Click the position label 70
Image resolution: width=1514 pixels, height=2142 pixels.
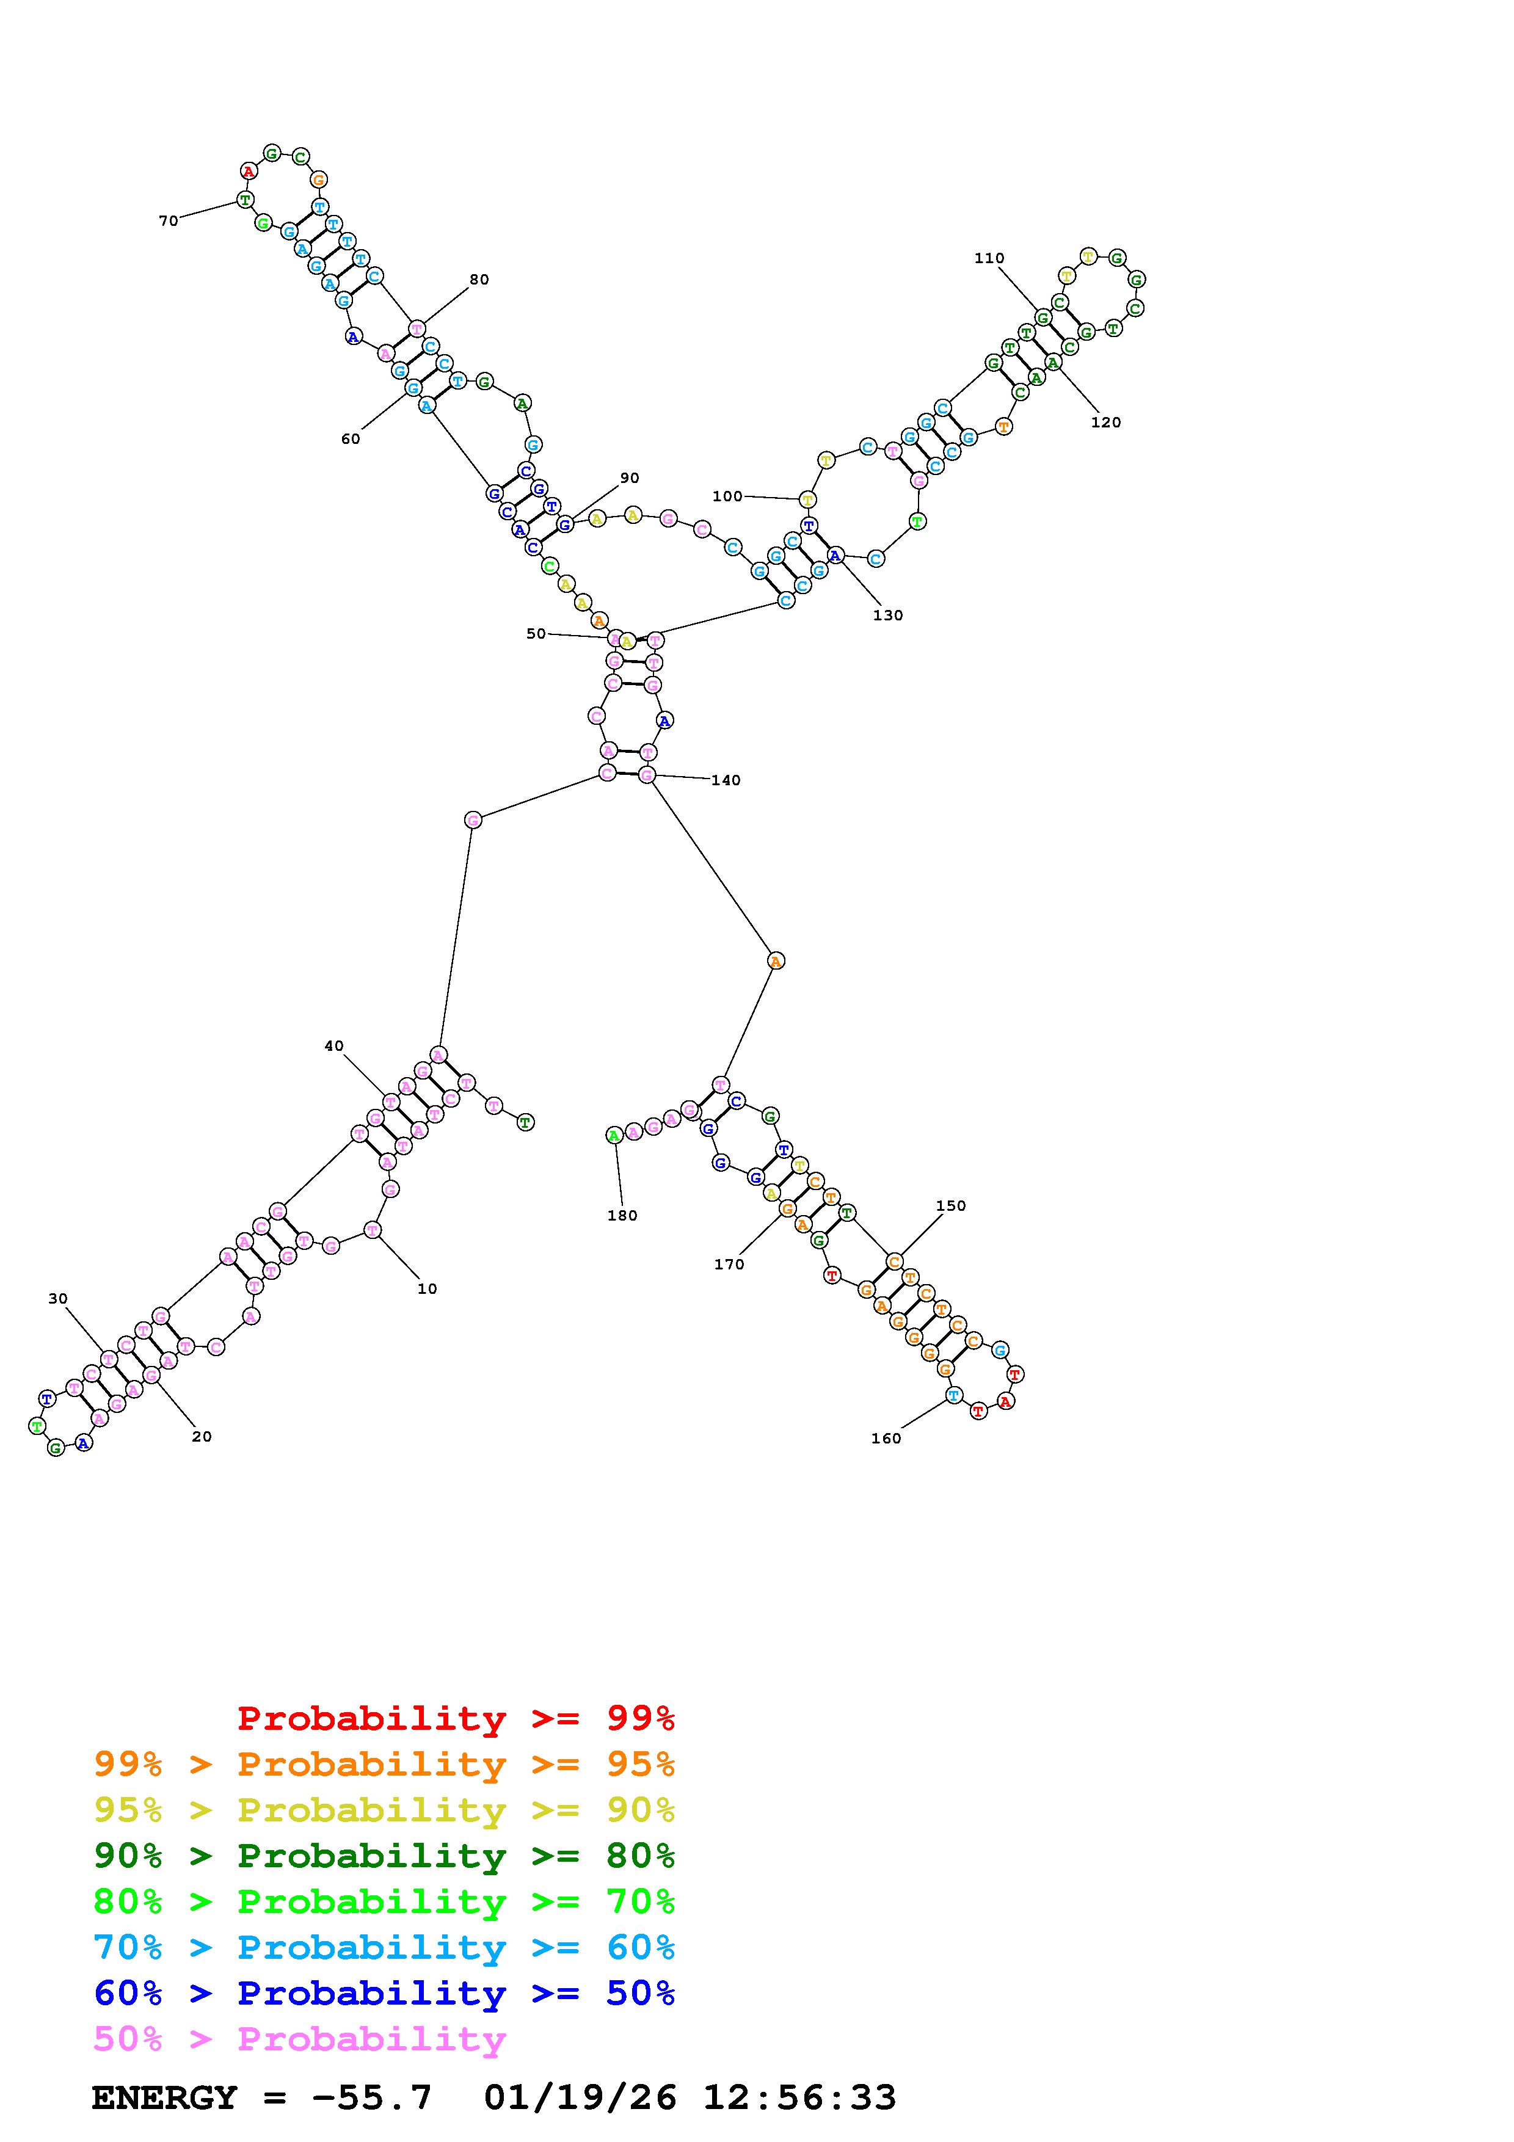(x=168, y=221)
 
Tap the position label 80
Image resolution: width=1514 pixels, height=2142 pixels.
(x=479, y=279)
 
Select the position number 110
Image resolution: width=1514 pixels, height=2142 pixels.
(x=989, y=258)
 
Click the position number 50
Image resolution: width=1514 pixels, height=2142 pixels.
(x=536, y=633)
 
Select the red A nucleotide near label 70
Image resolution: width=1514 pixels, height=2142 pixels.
(x=248, y=171)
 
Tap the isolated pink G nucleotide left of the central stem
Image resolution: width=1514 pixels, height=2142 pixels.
(x=473, y=820)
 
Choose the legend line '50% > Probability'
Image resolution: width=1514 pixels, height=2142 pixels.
(x=299, y=2038)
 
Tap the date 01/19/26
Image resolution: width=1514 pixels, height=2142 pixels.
(x=580, y=2097)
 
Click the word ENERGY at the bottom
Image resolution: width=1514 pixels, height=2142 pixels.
(x=164, y=2097)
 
